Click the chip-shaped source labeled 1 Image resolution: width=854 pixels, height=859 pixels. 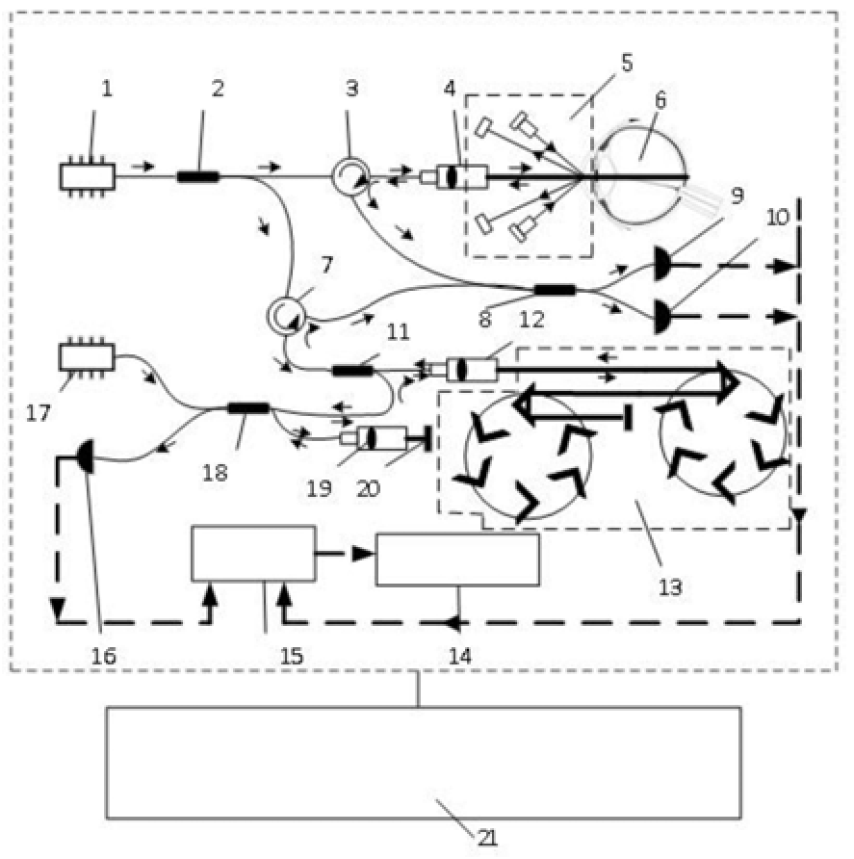87,176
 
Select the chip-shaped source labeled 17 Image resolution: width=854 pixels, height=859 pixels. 87,356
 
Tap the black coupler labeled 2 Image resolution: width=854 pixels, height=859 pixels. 198,176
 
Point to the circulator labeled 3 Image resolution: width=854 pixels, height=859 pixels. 347,176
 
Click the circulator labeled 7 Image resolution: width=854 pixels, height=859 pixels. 285,315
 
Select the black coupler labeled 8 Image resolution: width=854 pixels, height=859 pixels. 555,289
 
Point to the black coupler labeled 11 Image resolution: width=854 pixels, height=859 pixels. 351,371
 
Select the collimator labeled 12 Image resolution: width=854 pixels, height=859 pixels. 469,370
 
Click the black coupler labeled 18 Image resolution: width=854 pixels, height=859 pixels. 247,408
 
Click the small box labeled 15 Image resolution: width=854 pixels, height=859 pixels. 253,554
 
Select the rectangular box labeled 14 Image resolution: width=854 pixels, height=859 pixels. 456,560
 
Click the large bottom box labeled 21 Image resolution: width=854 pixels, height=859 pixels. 423,762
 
